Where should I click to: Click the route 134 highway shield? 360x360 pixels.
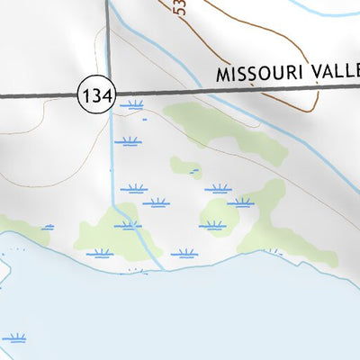point(96,94)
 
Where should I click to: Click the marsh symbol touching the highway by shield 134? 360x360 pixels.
point(133,106)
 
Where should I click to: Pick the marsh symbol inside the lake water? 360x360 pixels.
point(14,338)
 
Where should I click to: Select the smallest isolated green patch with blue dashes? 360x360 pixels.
point(188,167)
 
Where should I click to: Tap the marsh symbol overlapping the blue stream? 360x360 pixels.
point(128,225)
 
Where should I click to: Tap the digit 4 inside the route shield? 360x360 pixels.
point(104,94)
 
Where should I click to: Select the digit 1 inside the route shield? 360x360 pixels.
point(88,94)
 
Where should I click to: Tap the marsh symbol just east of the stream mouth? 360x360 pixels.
point(184,254)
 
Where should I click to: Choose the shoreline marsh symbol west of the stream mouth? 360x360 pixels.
point(99,254)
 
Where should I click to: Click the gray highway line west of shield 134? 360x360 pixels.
point(36,94)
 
